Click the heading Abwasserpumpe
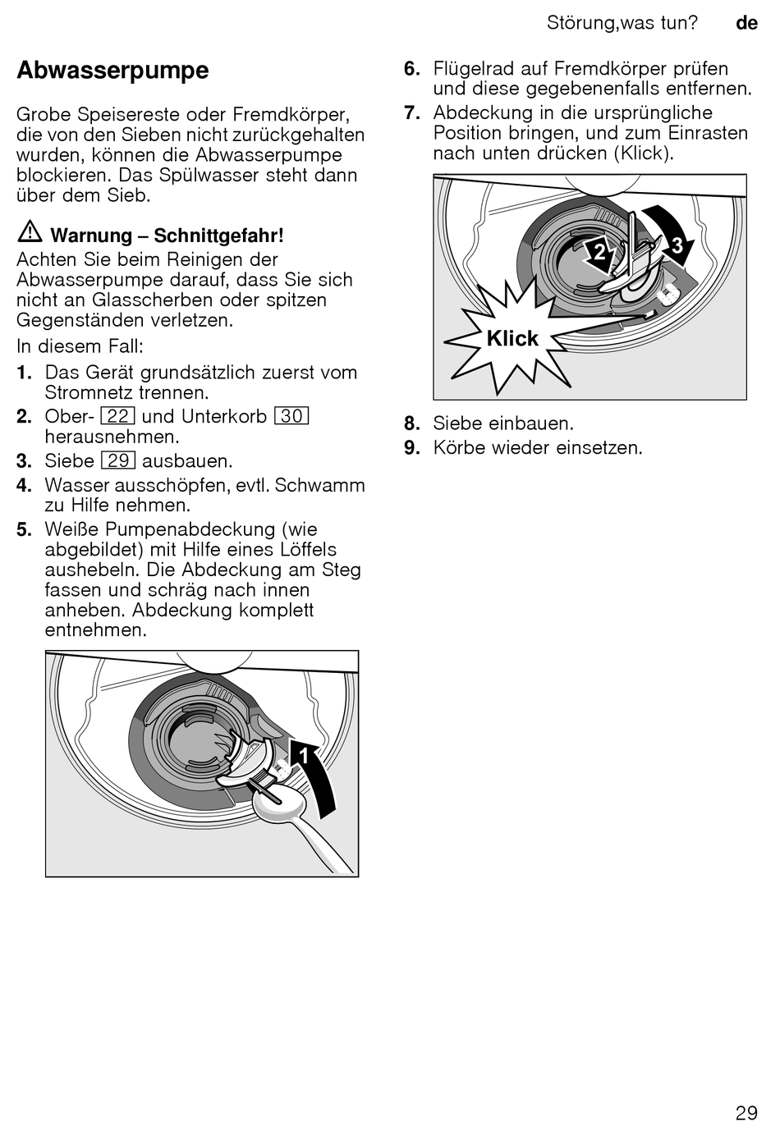pos(112,71)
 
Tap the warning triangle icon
pos(30,233)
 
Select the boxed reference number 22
pos(118,416)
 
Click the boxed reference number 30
pos(291,416)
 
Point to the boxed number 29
pos(118,461)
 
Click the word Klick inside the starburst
pos(512,338)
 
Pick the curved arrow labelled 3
pos(672,238)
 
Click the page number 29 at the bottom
pos(746,1113)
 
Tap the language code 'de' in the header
pos(746,23)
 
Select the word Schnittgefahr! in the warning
pos(218,236)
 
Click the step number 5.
pos(25,529)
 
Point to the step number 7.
pos(412,113)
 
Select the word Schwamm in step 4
pos(320,485)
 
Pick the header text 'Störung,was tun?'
pos(622,23)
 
